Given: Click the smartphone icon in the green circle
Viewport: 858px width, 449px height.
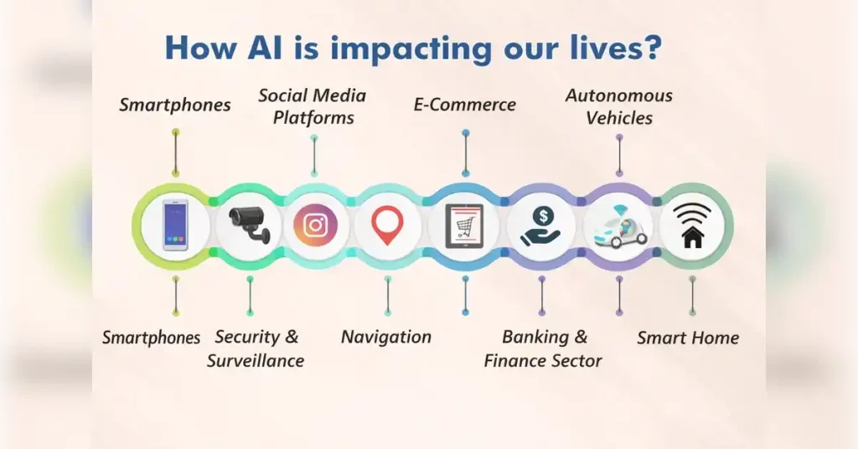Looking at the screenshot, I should coord(175,225).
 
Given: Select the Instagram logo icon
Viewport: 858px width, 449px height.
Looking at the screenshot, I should coord(315,225).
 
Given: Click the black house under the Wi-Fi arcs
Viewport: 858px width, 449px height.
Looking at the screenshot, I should coord(692,237).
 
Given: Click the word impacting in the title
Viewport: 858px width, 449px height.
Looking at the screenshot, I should coord(408,49).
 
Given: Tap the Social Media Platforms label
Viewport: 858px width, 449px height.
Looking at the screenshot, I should coord(313,106).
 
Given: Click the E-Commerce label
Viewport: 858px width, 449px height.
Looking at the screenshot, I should coord(465,105).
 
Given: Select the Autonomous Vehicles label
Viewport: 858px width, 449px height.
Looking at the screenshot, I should coord(619,106).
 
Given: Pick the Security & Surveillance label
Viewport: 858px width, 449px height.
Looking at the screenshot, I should coord(256,348).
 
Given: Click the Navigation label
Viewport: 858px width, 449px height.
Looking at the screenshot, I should coord(386,337).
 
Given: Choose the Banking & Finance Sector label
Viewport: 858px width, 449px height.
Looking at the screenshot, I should coord(544,348).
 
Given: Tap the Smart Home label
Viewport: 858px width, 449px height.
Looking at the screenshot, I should coord(688,338).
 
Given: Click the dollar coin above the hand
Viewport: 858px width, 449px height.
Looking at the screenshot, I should coord(543,215).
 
